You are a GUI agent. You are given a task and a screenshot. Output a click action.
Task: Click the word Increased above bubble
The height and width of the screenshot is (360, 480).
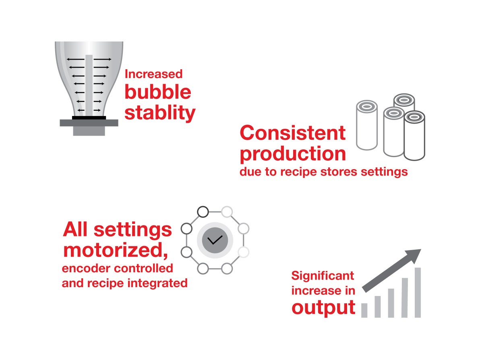click(153, 74)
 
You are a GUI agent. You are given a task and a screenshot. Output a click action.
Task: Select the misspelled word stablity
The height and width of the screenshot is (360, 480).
click(160, 113)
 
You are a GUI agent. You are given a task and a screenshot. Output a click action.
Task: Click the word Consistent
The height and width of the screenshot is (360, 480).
click(293, 133)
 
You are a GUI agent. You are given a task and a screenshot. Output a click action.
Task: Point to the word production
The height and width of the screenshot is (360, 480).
click(293, 154)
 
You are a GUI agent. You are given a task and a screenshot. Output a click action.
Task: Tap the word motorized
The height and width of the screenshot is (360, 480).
click(116, 250)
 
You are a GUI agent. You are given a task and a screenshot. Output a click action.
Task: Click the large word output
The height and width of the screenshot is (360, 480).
click(324, 308)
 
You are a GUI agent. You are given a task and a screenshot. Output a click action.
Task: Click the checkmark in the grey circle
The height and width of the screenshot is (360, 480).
click(215, 240)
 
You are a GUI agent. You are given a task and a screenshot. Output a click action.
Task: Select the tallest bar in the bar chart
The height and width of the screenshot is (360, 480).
click(418, 292)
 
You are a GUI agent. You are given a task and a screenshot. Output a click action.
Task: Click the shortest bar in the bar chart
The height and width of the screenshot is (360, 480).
click(364, 310)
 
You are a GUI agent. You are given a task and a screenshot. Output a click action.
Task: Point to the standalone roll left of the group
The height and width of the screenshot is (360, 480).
click(367, 125)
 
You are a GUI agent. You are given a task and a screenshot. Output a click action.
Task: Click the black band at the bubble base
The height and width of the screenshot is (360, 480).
click(89, 118)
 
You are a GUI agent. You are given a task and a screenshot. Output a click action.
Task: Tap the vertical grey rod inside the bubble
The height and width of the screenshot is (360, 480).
click(89, 85)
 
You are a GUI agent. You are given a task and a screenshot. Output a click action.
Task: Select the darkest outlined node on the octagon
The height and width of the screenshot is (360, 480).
click(203, 211)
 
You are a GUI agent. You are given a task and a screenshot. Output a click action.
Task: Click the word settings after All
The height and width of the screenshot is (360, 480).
click(132, 230)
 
